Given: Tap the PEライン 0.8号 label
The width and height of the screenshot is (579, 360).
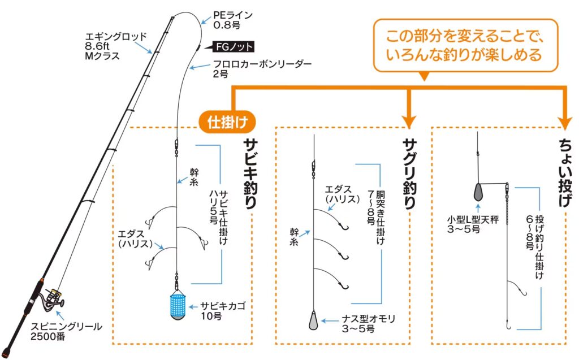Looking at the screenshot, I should pos(232,20).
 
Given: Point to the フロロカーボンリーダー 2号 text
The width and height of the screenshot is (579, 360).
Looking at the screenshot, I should pos(262,68).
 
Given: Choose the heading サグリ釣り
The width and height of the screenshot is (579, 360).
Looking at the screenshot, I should pos(409,174).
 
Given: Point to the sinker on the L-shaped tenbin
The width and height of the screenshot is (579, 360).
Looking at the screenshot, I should pos(478,192).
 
